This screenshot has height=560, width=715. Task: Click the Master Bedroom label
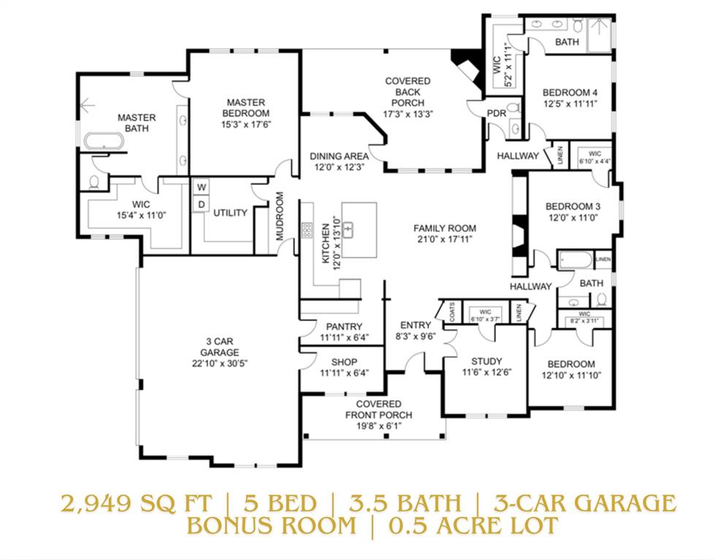(x=245, y=108)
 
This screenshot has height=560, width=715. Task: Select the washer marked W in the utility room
(x=200, y=187)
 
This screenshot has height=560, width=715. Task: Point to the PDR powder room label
(x=497, y=112)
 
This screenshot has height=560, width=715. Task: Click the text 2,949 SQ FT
(x=137, y=503)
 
